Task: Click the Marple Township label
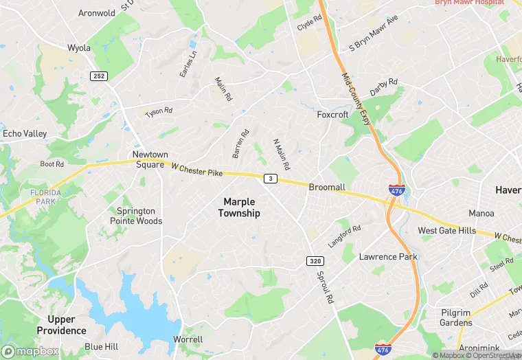click(239, 207)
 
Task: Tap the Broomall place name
click(327, 187)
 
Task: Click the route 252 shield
click(98, 76)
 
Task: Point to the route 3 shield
click(271, 179)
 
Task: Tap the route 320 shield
click(314, 261)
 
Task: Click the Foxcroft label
click(332, 115)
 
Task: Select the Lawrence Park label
click(388, 257)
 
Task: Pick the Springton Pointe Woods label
click(137, 216)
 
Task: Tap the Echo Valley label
click(24, 133)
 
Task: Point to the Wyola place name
click(79, 48)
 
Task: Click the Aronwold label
click(97, 13)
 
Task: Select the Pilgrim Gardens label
click(456, 317)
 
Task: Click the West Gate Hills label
click(446, 231)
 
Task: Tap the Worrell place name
click(188, 339)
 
